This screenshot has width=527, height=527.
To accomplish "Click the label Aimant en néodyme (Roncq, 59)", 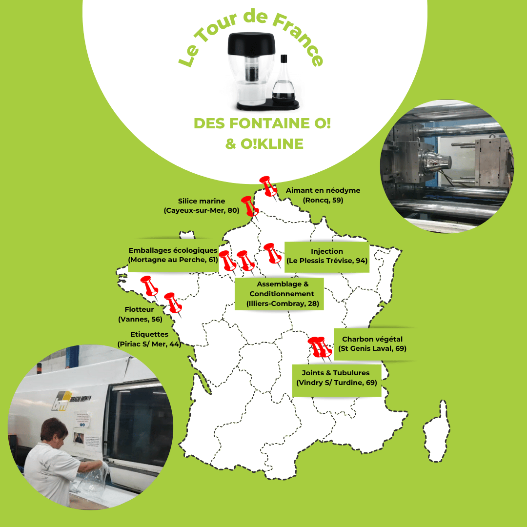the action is pos(323,195).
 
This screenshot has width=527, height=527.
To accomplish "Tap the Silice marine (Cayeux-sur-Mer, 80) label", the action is pos(202,206).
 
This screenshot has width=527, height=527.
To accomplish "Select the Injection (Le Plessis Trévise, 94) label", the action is pos(326,256).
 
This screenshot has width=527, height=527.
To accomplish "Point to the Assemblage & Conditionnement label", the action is pos(283,294).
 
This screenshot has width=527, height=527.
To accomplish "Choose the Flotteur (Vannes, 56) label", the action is pos(140,314).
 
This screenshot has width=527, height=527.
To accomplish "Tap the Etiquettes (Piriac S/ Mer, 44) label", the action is pos(149,339).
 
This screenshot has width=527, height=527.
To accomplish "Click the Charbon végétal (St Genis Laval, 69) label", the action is pos(372,344).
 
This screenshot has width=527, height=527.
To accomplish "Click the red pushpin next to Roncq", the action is pos(268,186).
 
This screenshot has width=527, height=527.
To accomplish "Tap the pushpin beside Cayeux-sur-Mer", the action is pos(250,206).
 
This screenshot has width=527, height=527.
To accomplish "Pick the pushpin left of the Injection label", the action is pos(272,254).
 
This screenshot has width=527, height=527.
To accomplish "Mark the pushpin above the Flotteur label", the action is pos(149,286).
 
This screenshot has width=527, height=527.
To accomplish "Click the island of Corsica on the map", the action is pos(437,431).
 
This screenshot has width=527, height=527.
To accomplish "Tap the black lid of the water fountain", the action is pos(251,44).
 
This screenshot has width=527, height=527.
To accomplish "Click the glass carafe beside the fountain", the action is pos(284,81).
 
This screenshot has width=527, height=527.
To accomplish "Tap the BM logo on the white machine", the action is pos(61,400).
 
